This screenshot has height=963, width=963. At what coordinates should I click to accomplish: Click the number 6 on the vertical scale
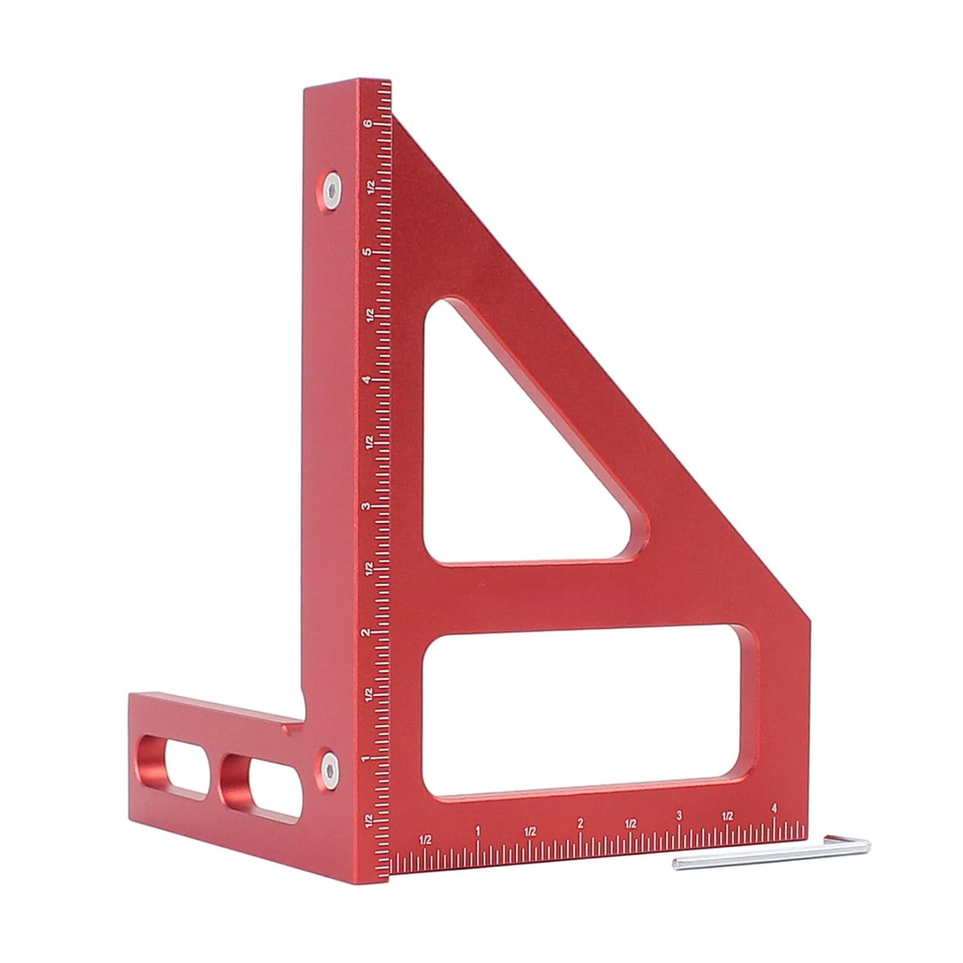click(367, 124)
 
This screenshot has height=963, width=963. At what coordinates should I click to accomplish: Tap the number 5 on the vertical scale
click(367, 252)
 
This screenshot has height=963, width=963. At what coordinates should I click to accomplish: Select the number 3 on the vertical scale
click(367, 507)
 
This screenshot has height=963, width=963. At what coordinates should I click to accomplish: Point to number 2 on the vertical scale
click(367, 633)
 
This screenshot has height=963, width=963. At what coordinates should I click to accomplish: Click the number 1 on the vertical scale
click(367, 759)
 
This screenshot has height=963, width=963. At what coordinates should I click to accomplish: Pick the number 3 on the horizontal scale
click(679, 817)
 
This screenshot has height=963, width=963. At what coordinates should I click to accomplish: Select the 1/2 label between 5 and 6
click(369, 187)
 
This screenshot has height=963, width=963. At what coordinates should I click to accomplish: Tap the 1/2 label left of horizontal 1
click(424, 839)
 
